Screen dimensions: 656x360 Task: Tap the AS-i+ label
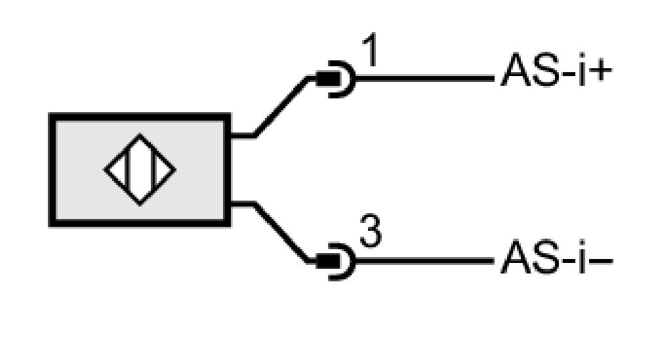pos(556,70)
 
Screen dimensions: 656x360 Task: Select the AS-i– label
pos(556,256)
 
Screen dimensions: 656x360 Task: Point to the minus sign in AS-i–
pos(601,262)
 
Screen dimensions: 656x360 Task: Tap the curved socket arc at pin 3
pos(353,262)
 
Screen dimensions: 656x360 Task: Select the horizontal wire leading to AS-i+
pos(424,78)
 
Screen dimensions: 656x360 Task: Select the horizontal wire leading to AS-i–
pos(424,262)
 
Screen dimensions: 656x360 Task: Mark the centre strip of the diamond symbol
pos(140,170)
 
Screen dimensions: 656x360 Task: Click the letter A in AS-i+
pos(515,70)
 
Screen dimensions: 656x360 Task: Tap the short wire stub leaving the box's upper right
pos(242,135)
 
